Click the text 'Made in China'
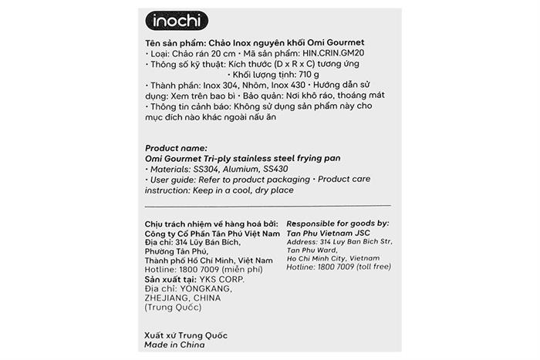click(x=175, y=346)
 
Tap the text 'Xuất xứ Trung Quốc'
click(x=186, y=336)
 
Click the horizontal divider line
click(x=268, y=207)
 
